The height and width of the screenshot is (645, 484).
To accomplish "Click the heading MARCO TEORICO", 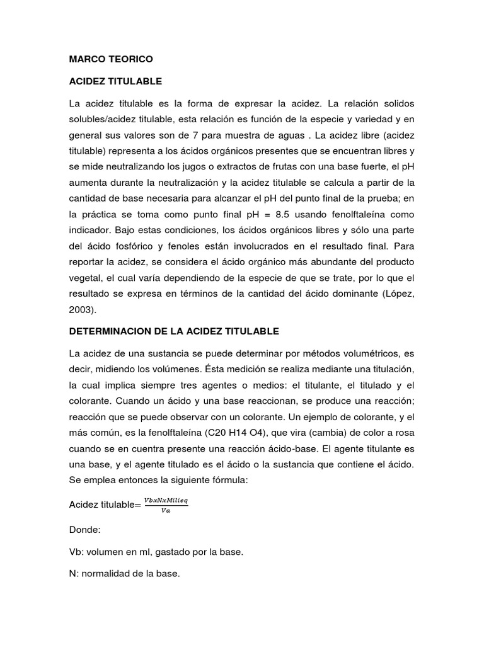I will coord(111,59).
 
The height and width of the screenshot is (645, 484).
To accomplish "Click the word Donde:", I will coord(85,531).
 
